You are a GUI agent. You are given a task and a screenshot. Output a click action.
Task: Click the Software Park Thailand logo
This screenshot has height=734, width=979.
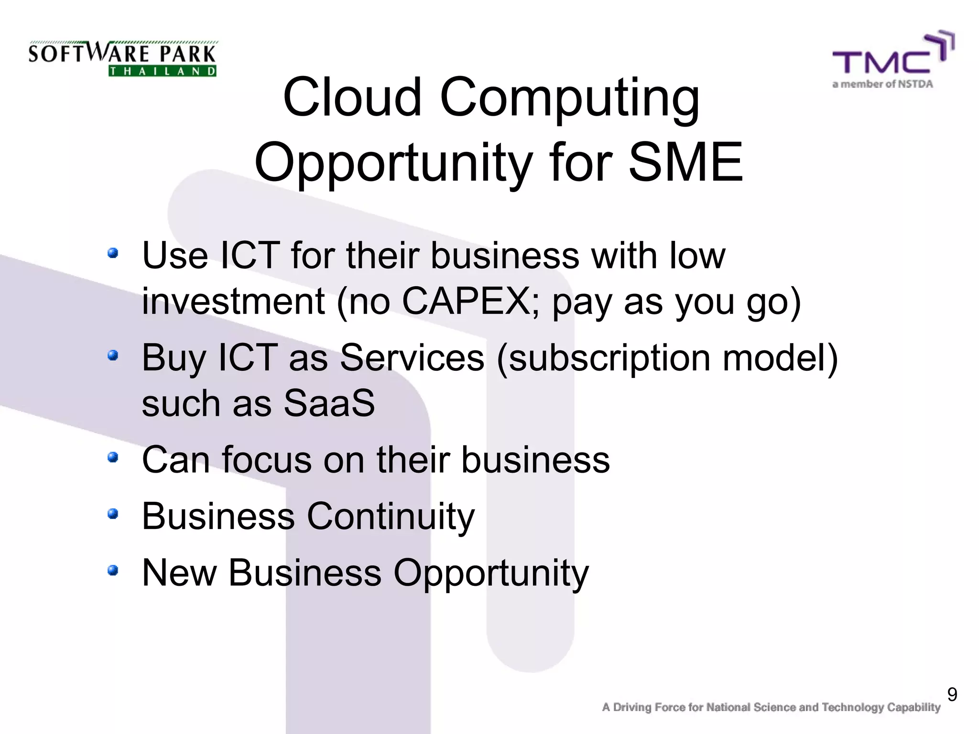[122, 59]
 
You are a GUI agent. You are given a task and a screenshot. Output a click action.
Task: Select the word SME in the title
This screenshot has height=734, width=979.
[685, 162]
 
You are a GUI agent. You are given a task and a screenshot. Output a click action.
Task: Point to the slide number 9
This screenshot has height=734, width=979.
[952, 694]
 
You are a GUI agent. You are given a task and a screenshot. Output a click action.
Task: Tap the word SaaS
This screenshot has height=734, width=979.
[330, 403]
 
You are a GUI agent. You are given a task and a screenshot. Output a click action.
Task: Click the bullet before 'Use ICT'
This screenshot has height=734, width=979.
[113, 253]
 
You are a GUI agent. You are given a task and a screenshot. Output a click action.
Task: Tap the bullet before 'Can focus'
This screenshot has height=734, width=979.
[113, 458]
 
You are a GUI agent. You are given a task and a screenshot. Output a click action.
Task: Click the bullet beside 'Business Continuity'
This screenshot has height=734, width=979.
[113, 514]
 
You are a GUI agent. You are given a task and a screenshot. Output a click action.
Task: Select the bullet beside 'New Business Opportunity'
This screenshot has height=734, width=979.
[113, 570]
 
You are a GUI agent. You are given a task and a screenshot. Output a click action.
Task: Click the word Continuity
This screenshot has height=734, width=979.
[391, 517]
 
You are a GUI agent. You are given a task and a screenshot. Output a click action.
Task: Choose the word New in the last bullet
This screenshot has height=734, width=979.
[179, 572]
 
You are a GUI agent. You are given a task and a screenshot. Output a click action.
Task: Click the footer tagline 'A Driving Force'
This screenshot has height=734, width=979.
[771, 708]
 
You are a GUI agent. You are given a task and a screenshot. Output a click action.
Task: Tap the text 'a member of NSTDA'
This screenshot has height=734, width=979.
[882, 85]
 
